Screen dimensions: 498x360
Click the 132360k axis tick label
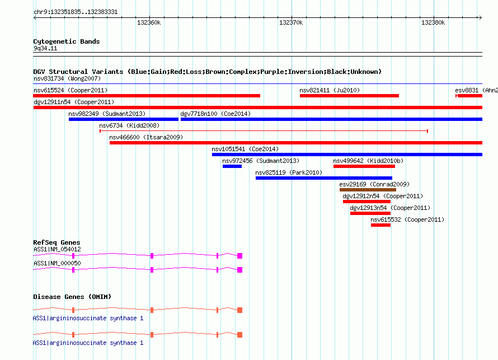(x=149, y=22)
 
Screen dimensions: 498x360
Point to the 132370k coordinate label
(x=291, y=22)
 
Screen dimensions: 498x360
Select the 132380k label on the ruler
(x=433, y=22)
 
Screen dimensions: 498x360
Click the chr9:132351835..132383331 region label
(x=76, y=12)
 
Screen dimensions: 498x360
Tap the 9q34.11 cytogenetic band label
(x=45, y=48)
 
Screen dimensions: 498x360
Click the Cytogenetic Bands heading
(x=67, y=41)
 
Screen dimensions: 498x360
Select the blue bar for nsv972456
(x=232, y=166)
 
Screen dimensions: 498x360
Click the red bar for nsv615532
(x=380, y=225)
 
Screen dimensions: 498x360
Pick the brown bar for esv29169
(x=368, y=190)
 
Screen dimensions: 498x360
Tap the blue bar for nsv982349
(x=124, y=119)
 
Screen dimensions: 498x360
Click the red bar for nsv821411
(x=349, y=96)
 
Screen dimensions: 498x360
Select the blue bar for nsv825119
(x=324, y=178)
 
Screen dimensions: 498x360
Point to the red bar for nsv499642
(x=364, y=166)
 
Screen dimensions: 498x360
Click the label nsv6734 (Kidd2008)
(x=129, y=125)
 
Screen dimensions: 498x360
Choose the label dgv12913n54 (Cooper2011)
(x=390, y=208)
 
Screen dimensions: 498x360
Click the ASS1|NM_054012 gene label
(x=57, y=250)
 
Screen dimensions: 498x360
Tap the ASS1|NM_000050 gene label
(x=57, y=263)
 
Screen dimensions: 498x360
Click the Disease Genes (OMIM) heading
(x=72, y=297)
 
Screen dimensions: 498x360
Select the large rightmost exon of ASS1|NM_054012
(x=240, y=256)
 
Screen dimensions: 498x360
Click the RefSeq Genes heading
(x=57, y=242)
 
